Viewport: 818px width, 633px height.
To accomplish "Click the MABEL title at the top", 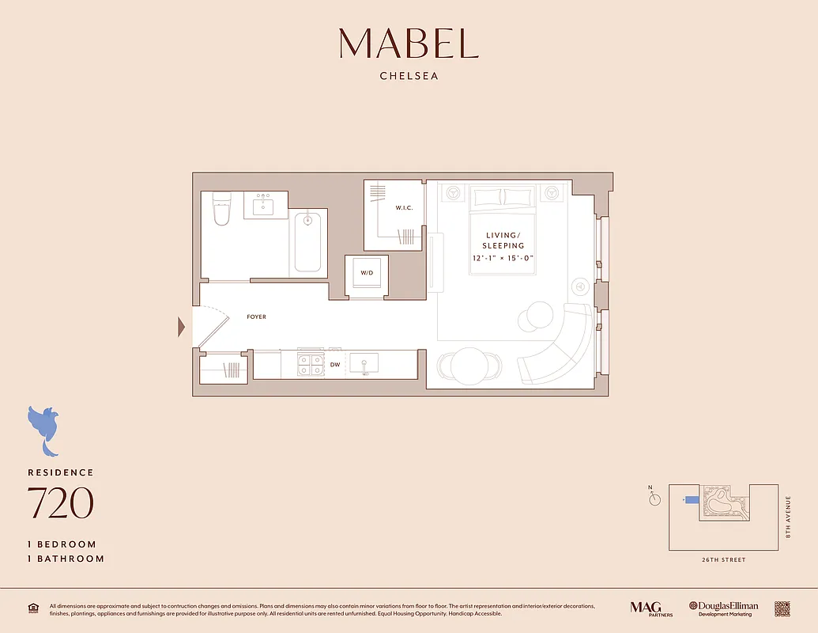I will tap(409, 44).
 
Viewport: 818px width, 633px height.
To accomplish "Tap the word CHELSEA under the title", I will tap(409, 77).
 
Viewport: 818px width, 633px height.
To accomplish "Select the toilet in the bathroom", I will tap(221, 210).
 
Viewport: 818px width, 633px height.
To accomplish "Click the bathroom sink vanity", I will tap(264, 206).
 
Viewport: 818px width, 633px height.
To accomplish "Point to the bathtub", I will tap(308, 241).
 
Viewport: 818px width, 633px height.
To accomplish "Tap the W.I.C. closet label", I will tap(405, 208).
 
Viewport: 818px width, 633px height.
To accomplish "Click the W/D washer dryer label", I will tap(367, 273).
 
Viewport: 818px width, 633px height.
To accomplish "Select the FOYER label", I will tap(256, 317).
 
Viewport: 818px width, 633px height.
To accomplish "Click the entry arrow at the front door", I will tap(182, 326).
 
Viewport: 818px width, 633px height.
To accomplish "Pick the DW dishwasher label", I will tap(335, 365).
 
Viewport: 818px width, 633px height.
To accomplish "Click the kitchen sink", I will tap(364, 364).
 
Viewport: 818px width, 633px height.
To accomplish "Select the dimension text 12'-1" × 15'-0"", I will tap(503, 257).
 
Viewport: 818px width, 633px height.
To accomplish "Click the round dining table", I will tap(470, 365).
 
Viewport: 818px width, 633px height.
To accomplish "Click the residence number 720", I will tap(61, 503).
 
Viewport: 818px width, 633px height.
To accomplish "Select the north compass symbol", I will tap(654, 499).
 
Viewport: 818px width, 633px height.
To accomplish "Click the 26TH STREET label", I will tap(722, 560).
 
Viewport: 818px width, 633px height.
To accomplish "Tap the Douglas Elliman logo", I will tap(723, 608).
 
